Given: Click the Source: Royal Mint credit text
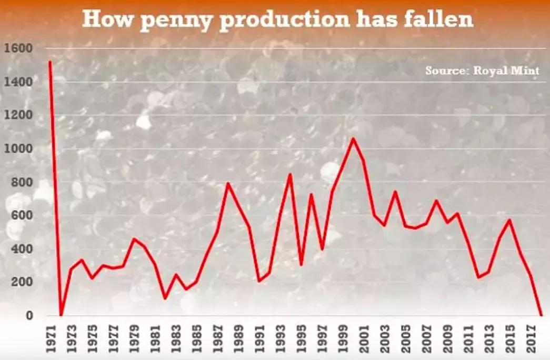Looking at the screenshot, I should coord(482,71).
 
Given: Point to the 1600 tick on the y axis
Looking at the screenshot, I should coord(18,48).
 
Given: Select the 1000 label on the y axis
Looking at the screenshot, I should coord(18,148).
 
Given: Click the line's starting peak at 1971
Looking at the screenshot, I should coord(51,62).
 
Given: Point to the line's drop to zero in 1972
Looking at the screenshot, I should coord(61,315).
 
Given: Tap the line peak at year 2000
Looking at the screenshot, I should coord(353,138).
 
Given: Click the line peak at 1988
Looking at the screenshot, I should coord(228,183).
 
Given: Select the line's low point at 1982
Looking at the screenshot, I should coord(165,298).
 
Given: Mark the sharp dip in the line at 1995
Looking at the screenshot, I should coord(301,265).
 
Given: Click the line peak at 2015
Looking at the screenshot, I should coord(509,219).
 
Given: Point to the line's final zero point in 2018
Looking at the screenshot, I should coord(541,315).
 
